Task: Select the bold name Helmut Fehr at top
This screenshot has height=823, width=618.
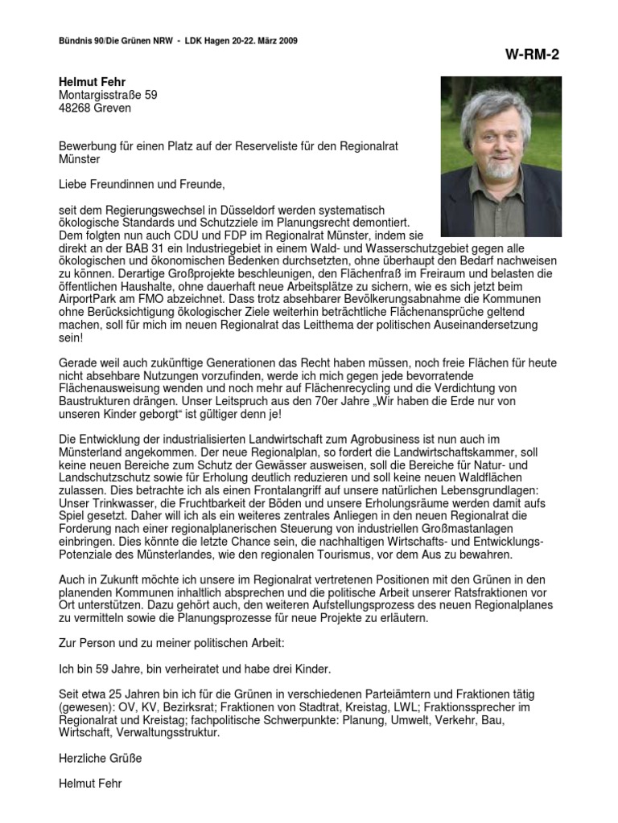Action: [92, 82]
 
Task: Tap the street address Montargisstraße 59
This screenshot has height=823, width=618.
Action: [108, 95]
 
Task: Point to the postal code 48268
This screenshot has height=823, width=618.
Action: [75, 108]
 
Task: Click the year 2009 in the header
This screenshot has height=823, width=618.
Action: [296, 40]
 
